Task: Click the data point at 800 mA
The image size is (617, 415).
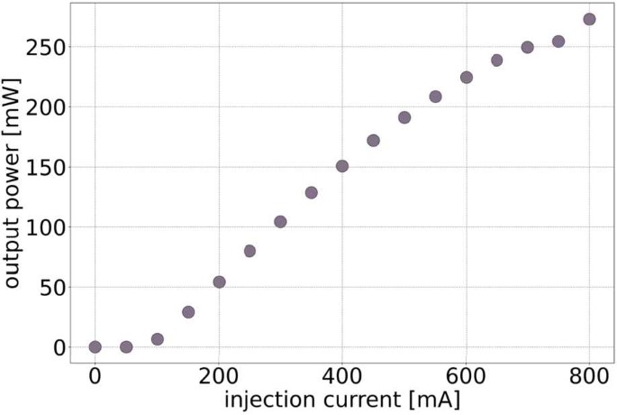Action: (x=589, y=19)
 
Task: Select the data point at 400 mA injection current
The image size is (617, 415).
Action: (x=342, y=166)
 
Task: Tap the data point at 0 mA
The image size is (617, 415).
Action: (x=95, y=346)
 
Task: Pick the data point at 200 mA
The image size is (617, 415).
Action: (x=219, y=281)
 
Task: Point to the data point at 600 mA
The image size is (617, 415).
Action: (x=467, y=78)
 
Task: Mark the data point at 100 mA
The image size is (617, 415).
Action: (x=158, y=339)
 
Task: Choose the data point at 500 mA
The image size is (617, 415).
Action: (x=404, y=117)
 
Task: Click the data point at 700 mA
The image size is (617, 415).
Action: (x=528, y=47)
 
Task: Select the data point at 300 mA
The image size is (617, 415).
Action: (x=280, y=222)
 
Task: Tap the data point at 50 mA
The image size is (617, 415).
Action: (x=126, y=346)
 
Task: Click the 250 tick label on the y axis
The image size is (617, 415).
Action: (x=44, y=47)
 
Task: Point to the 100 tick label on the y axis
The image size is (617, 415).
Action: (x=44, y=226)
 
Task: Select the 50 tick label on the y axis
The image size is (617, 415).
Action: (x=50, y=287)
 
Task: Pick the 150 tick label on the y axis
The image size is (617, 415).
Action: (x=44, y=167)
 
